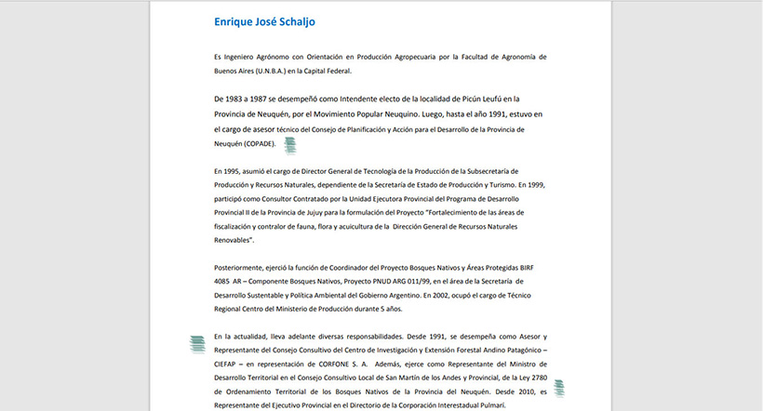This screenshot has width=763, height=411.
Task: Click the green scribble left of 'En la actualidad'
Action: pyautogui.click(x=197, y=343)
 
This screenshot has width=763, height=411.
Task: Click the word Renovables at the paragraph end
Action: pyautogui.click(x=233, y=239)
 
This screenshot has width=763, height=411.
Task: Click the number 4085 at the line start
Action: pyautogui.click(x=221, y=281)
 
